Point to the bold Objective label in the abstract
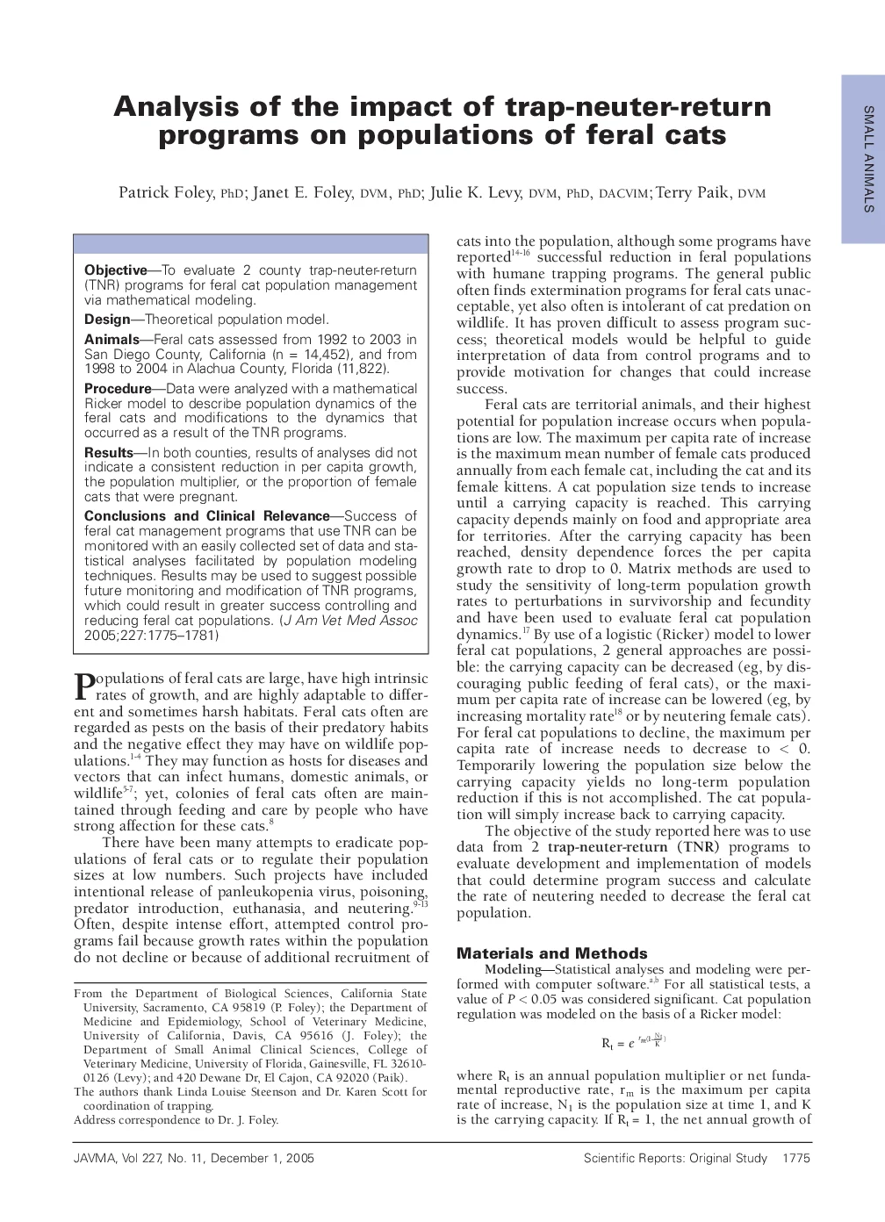(x=115, y=270)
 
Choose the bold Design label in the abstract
(x=107, y=320)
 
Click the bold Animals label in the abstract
(x=112, y=339)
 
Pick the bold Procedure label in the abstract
(x=118, y=388)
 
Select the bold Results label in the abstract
(x=109, y=453)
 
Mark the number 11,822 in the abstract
(x=360, y=369)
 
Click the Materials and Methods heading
(x=552, y=953)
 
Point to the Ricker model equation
(x=633, y=1042)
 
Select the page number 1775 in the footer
(x=795, y=1159)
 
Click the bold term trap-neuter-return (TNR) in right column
(x=633, y=847)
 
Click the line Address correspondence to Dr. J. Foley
(x=176, y=1120)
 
